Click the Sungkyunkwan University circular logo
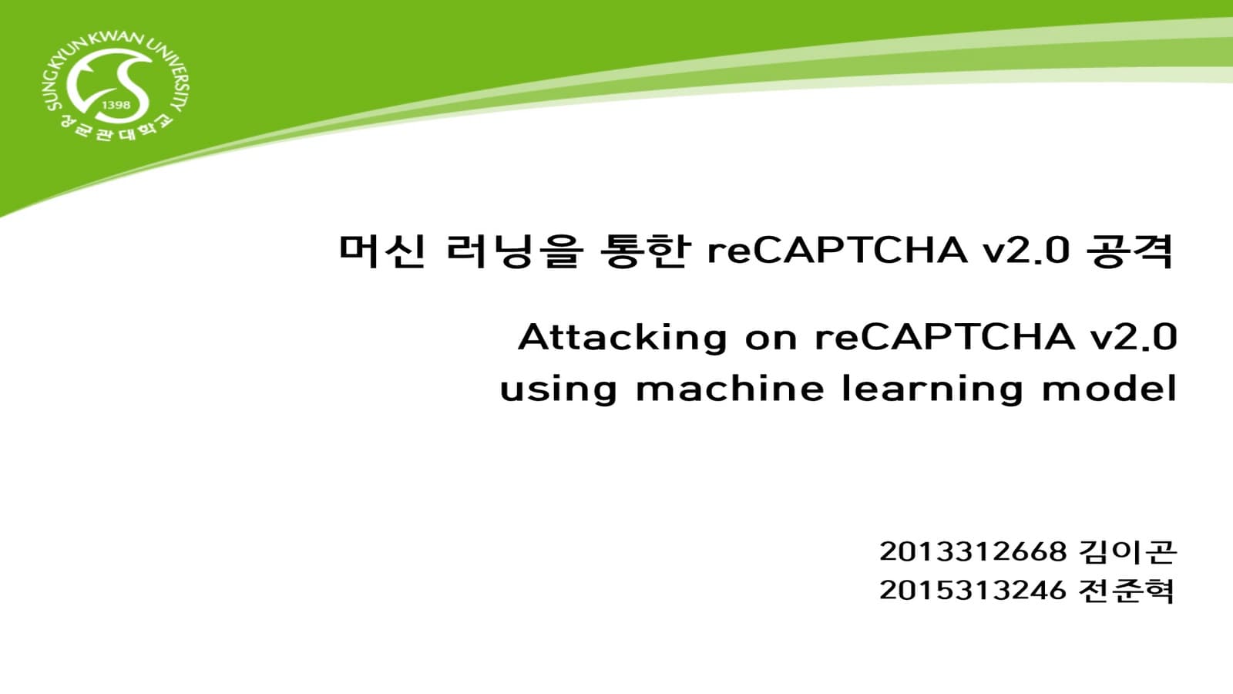point(116,89)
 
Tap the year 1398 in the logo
point(116,105)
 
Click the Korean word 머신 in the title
point(382,251)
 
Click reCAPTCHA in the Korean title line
point(837,251)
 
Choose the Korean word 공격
point(1130,251)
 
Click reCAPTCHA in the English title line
point(945,338)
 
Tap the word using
point(559,389)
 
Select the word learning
point(932,389)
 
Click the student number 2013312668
point(973,551)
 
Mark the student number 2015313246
point(973,591)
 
